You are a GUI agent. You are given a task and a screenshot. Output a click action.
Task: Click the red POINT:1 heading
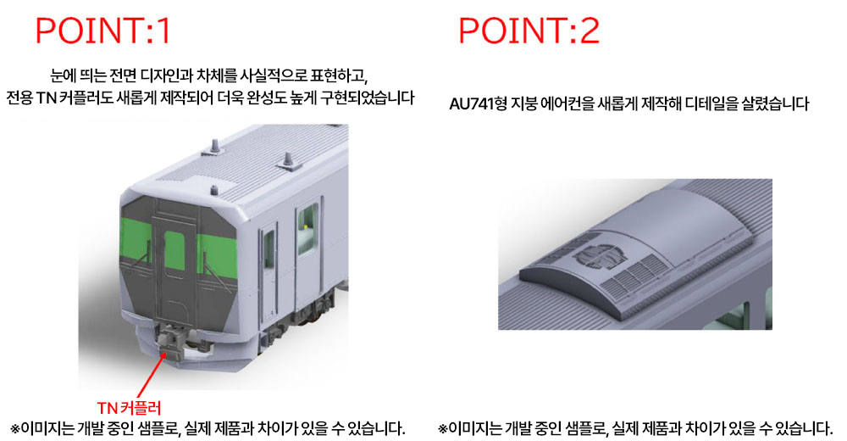[x=103, y=31]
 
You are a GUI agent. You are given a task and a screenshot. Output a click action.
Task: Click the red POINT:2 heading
[x=529, y=31]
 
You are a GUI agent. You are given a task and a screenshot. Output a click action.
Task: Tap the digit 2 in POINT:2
[x=590, y=31]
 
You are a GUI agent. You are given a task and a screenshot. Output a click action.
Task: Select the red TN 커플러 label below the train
[x=129, y=407]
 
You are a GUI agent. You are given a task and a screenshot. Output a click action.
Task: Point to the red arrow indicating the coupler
[x=152, y=375]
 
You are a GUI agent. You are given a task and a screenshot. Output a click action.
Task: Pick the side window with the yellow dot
[x=307, y=229]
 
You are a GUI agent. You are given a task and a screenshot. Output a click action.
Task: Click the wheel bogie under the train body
[x=313, y=310]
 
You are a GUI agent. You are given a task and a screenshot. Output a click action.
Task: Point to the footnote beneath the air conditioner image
[x=635, y=428]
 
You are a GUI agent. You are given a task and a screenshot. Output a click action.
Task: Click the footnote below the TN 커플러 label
[x=208, y=428]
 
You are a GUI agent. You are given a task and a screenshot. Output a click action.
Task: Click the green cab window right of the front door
[x=217, y=256]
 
